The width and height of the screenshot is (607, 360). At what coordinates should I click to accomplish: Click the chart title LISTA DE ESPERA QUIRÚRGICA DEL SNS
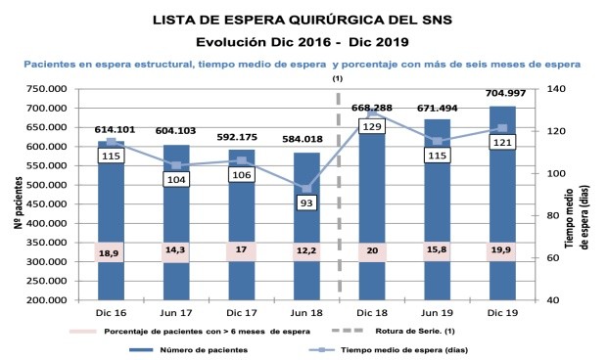[x=303, y=18]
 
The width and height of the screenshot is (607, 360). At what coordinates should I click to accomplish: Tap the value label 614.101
[x=111, y=129]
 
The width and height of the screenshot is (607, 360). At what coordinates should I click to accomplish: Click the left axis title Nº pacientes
[x=18, y=195]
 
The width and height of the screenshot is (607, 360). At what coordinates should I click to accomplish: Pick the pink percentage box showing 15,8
[x=436, y=251]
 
